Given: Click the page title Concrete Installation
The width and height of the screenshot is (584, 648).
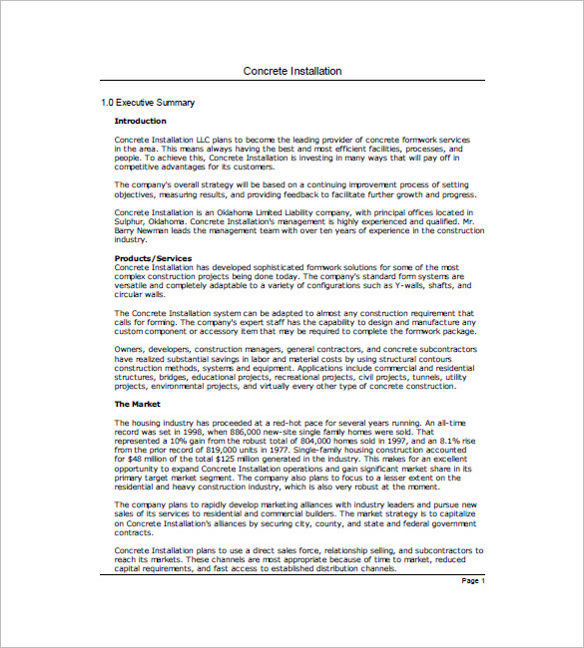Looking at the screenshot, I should (x=292, y=72).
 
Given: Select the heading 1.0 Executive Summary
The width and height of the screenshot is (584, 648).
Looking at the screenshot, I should (x=148, y=103).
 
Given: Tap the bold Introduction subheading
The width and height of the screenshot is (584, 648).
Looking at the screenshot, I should (x=140, y=121).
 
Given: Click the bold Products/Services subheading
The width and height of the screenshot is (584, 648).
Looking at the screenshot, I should (x=155, y=258).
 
